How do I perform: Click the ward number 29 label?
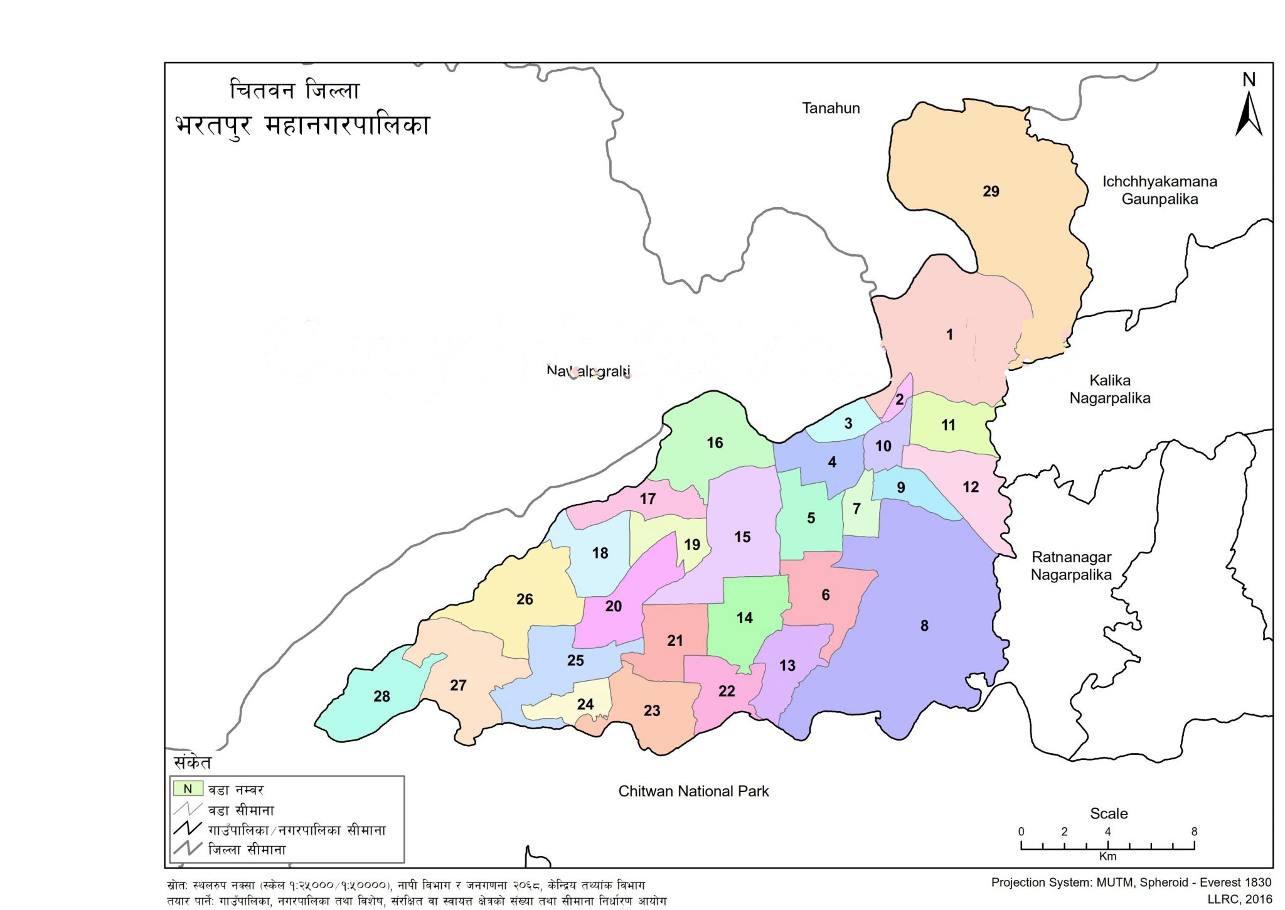[x=991, y=191]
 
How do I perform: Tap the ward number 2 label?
[x=900, y=400]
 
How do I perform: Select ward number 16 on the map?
[x=715, y=443]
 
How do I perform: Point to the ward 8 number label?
[x=924, y=626]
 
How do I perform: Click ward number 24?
[x=585, y=704]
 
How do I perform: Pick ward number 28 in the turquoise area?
[x=381, y=696]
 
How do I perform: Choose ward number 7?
[x=856, y=509]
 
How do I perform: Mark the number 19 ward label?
[x=692, y=545]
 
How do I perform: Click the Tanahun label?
[x=831, y=108]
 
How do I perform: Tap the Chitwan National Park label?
[x=693, y=791]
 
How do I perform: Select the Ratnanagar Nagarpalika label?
[x=1071, y=565]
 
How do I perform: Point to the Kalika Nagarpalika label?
[x=1109, y=389]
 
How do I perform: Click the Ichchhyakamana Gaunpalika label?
[x=1160, y=190]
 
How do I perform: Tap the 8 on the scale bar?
[x=1194, y=832]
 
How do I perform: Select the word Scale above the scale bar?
[x=1109, y=813]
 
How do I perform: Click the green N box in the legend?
[x=188, y=789]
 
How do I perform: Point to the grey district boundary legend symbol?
[x=187, y=848]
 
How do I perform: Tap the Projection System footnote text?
[x=1131, y=882]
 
